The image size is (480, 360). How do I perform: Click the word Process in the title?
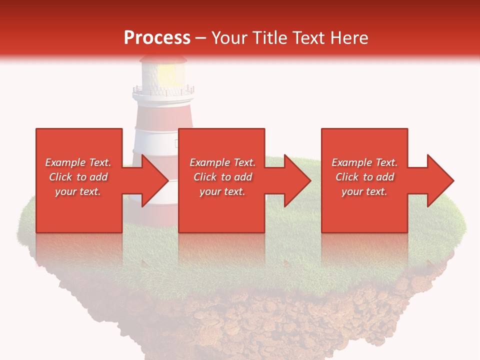pyautogui.click(x=157, y=37)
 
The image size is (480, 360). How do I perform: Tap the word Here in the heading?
pyautogui.click(x=349, y=37)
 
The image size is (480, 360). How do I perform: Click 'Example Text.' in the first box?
pyautogui.click(x=78, y=162)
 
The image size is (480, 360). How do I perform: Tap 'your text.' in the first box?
pyautogui.click(x=78, y=191)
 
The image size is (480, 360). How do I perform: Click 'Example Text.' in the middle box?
pyautogui.click(x=222, y=162)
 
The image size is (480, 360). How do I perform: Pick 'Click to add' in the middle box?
pyautogui.click(x=222, y=177)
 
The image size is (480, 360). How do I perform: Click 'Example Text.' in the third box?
pyautogui.click(x=364, y=162)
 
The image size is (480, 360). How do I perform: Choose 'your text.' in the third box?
pyautogui.click(x=364, y=191)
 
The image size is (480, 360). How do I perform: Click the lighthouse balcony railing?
pyautogui.click(x=163, y=91)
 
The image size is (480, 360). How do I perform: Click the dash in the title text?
pyautogui.click(x=200, y=38)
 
